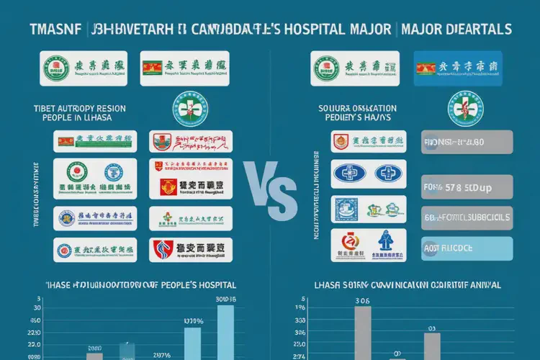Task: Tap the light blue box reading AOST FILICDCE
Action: point(467,248)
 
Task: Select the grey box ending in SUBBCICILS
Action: point(467,217)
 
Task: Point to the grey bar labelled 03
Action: point(432,346)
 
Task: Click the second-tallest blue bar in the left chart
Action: point(192,343)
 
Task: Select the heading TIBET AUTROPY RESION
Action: point(79,109)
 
